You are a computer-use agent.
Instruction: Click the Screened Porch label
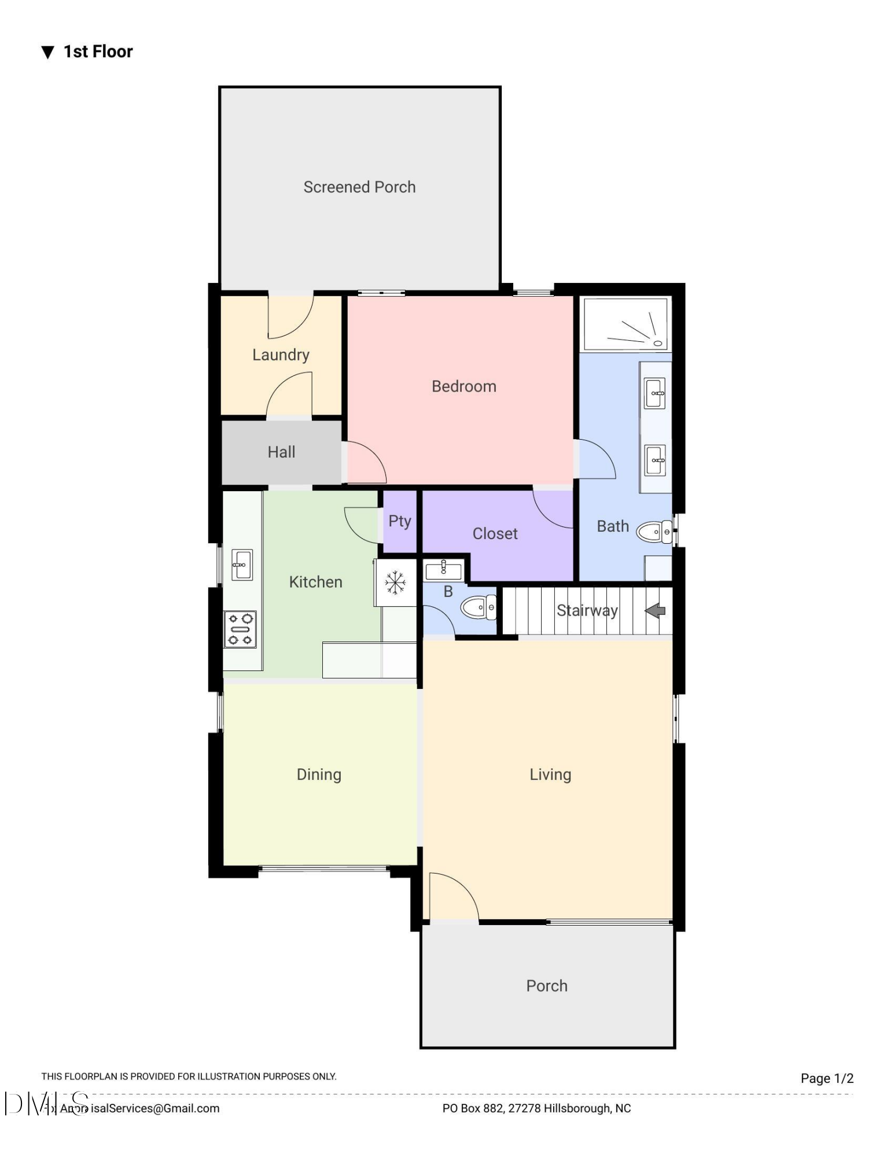point(359,187)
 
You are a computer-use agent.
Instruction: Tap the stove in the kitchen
point(240,629)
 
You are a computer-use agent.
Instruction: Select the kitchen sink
point(242,564)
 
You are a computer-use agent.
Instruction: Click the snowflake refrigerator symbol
point(395,583)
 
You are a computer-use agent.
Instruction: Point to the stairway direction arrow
point(655,610)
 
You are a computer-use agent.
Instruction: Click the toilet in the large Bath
point(654,532)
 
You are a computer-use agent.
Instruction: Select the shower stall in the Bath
point(626,323)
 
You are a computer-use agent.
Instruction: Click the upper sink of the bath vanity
point(655,393)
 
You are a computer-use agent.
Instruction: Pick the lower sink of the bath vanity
point(655,460)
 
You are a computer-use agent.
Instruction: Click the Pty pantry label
point(400,521)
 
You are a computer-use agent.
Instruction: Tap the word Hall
point(281,452)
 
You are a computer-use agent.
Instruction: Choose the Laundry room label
point(281,355)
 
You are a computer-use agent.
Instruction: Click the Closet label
point(495,533)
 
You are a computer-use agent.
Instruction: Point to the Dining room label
point(319,774)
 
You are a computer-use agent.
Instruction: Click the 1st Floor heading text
point(98,51)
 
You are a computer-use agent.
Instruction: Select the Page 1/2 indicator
point(827,1078)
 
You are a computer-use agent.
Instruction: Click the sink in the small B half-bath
point(444,570)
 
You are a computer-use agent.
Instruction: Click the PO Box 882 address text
point(536,1108)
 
